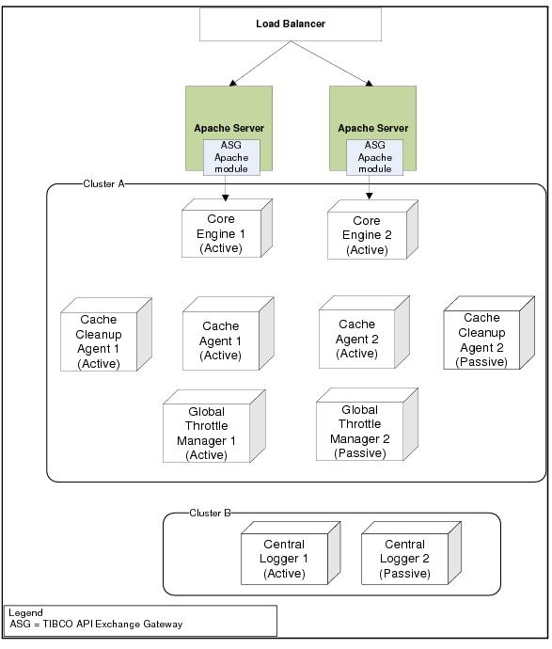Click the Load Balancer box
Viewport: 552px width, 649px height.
(291, 24)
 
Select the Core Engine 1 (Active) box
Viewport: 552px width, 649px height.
(227, 228)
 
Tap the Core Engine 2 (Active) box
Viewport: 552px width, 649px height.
(372, 230)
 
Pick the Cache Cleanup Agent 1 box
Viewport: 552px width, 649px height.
(106, 335)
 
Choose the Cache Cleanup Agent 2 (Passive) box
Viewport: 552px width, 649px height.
(489, 333)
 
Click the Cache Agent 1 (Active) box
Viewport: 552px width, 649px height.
(229, 334)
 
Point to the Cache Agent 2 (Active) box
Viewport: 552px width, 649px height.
(364, 332)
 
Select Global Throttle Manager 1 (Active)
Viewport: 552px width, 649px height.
(213, 426)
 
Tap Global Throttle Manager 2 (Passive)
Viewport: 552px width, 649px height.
(367, 424)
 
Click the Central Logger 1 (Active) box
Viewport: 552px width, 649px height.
(291, 553)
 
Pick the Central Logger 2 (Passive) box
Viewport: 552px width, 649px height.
(411, 553)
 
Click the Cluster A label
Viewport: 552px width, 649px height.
(103, 183)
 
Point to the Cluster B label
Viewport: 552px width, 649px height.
(211, 513)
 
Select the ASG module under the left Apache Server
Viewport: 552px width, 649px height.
(231, 157)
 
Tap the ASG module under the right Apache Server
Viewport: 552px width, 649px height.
(374, 157)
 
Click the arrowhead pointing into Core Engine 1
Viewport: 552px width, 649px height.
(225, 198)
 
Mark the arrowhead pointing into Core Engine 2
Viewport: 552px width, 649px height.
(370, 196)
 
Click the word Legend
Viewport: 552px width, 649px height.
(25, 613)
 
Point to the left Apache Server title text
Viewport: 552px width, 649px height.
(229, 128)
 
